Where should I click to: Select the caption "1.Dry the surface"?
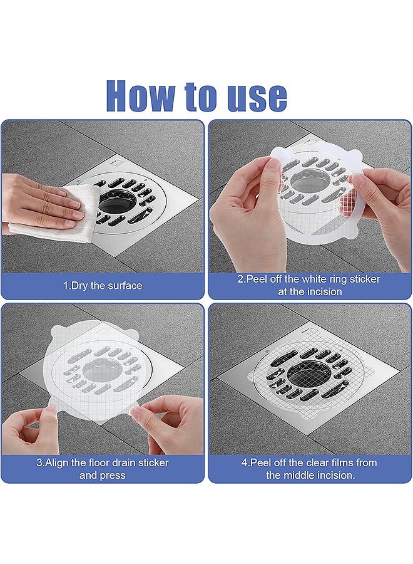click(103, 286)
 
